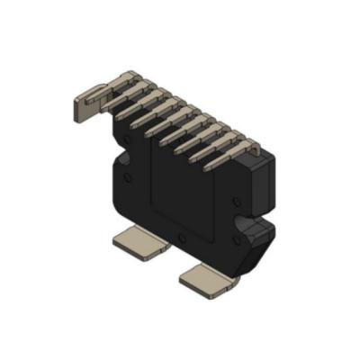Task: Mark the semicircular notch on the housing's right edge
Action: pos(240,221)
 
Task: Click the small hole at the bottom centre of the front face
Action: pos(182,238)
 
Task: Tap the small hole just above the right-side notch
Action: pos(236,202)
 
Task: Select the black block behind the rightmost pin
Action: pos(258,160)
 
